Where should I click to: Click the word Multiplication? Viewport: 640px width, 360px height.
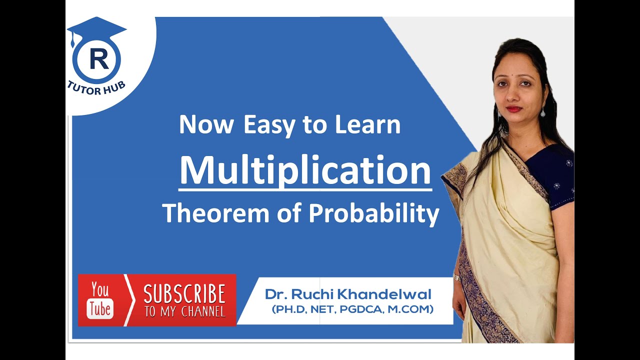pyautogui.click(x=305, y=171)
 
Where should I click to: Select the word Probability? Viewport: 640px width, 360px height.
pyautogui.click(x=374, y=214)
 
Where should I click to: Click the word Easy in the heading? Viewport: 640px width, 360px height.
pyautogui.click(x=268, y=125)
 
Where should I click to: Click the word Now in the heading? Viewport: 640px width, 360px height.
pyautogui.click(x=206, y=125)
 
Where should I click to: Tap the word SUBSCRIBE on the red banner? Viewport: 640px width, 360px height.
pyautogui.click(x=184, y=294)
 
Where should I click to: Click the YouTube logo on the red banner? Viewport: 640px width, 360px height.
pyautogui.click(x=100, y=300)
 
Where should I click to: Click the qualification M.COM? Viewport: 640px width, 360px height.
pyautogui.click(x=413, y=309)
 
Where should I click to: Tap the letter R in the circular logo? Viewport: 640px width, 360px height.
pyautogui.click(x=98, y=59)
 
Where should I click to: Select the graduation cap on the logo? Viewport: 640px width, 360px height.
pyautogui.click(x=96, y=28)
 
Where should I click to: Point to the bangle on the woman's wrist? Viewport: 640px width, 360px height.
pyautogui.click(x=456, y=277)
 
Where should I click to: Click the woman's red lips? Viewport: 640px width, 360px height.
pyautogui.click(x=514, y=108)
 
